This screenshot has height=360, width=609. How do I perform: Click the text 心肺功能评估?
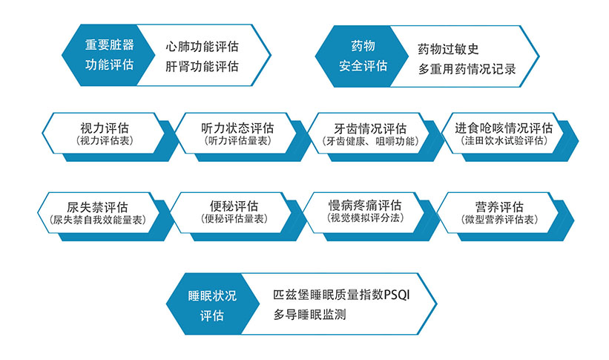(x=202, y=47)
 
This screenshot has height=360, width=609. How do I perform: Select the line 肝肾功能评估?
(x=202, y=66)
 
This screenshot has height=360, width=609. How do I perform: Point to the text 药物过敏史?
(x=448, y=49)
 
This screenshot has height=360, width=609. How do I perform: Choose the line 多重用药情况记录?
(x=467, y=69)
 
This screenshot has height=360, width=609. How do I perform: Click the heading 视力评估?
(x=105, y=128)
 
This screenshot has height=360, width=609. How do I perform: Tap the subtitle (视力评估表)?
(x=105, y=140)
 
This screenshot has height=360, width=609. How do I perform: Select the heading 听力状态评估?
(x=237, y=128)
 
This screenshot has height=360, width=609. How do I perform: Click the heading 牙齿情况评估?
(x=370, y=128)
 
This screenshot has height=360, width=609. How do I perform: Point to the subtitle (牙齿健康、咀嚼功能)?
(x=370, y=141)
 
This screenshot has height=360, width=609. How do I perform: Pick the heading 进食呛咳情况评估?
(x=504, y=128)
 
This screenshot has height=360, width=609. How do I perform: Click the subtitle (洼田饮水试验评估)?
(x=504, y=140)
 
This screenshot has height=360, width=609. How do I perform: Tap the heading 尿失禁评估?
(x=97, y=207)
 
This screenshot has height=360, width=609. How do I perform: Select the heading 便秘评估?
(x=234, y=206)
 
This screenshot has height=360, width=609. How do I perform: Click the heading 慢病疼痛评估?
(x=365, y=206)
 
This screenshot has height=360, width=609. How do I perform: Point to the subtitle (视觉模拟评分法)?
(x=365, y=217)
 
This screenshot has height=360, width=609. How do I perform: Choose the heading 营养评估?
(x=499, y=207)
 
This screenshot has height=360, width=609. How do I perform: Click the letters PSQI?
(x=397, y=294)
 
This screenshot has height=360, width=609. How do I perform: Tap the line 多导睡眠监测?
(x=309, y=314)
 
